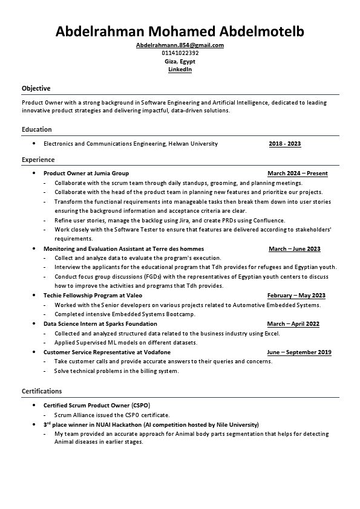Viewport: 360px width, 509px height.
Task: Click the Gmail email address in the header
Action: click(180, 45)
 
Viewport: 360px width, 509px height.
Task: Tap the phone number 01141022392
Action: click(180, 53)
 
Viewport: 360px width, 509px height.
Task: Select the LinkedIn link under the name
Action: click(180, 70)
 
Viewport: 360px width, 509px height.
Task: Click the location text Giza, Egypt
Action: click(180, 62)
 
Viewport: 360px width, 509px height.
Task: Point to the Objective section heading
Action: click(36, 88)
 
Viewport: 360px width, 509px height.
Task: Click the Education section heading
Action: click(37, 129)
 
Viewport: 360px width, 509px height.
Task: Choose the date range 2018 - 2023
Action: click(284, 144)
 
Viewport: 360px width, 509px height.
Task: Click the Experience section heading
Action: click(38, 160)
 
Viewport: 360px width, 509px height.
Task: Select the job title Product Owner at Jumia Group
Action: click(86, 173)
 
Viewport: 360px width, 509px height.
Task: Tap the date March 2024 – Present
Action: click(297, 173)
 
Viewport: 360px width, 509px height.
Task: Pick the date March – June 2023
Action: click(294, 249)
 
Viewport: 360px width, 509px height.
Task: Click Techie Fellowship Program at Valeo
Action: click(93, 296)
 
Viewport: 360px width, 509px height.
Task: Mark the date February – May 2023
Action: click(296, 296)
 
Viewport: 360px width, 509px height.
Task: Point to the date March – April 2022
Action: click(293, 324)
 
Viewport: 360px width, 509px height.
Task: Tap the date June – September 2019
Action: click(299, 352)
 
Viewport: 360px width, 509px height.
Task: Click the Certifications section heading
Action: click(42, 391)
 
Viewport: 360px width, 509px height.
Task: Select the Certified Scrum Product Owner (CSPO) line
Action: click(96, 406)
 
